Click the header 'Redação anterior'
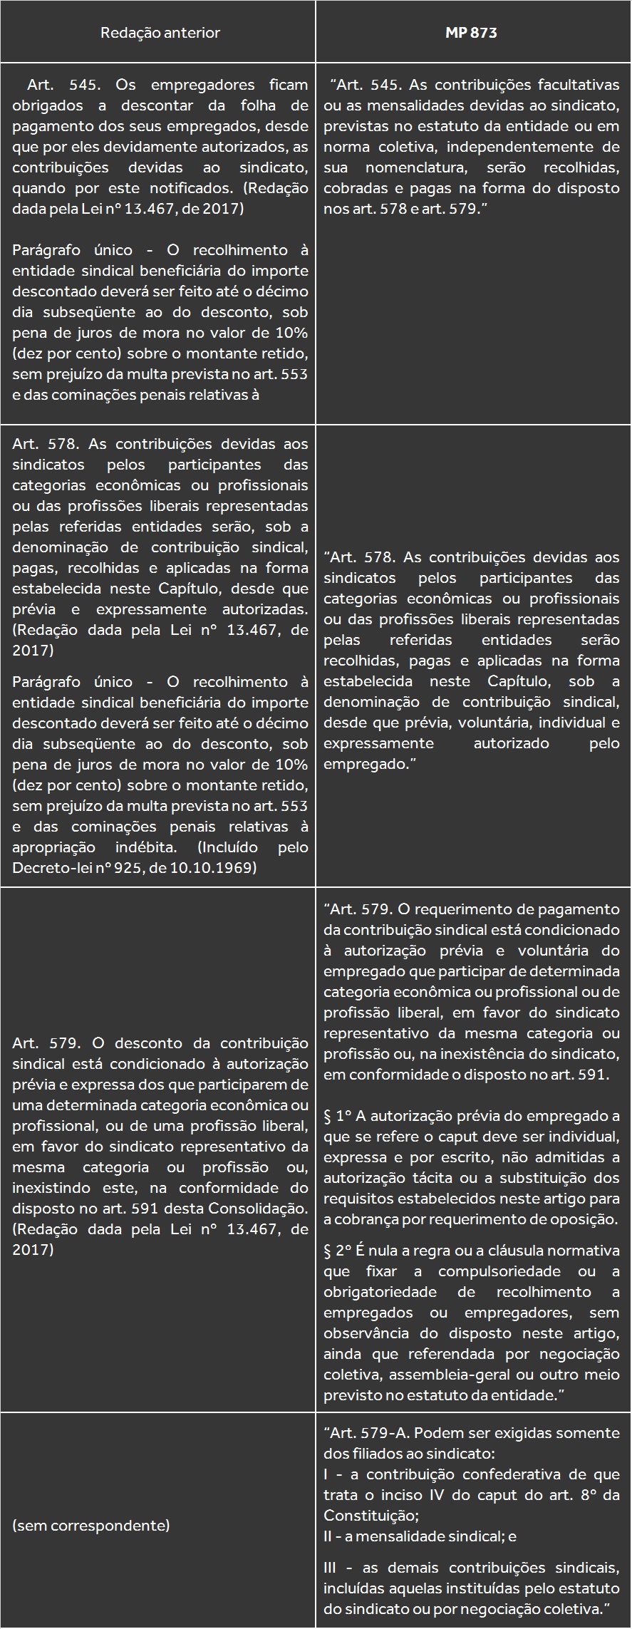160,33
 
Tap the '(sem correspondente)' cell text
90,1525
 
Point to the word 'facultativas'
579,85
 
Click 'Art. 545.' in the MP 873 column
368,85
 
